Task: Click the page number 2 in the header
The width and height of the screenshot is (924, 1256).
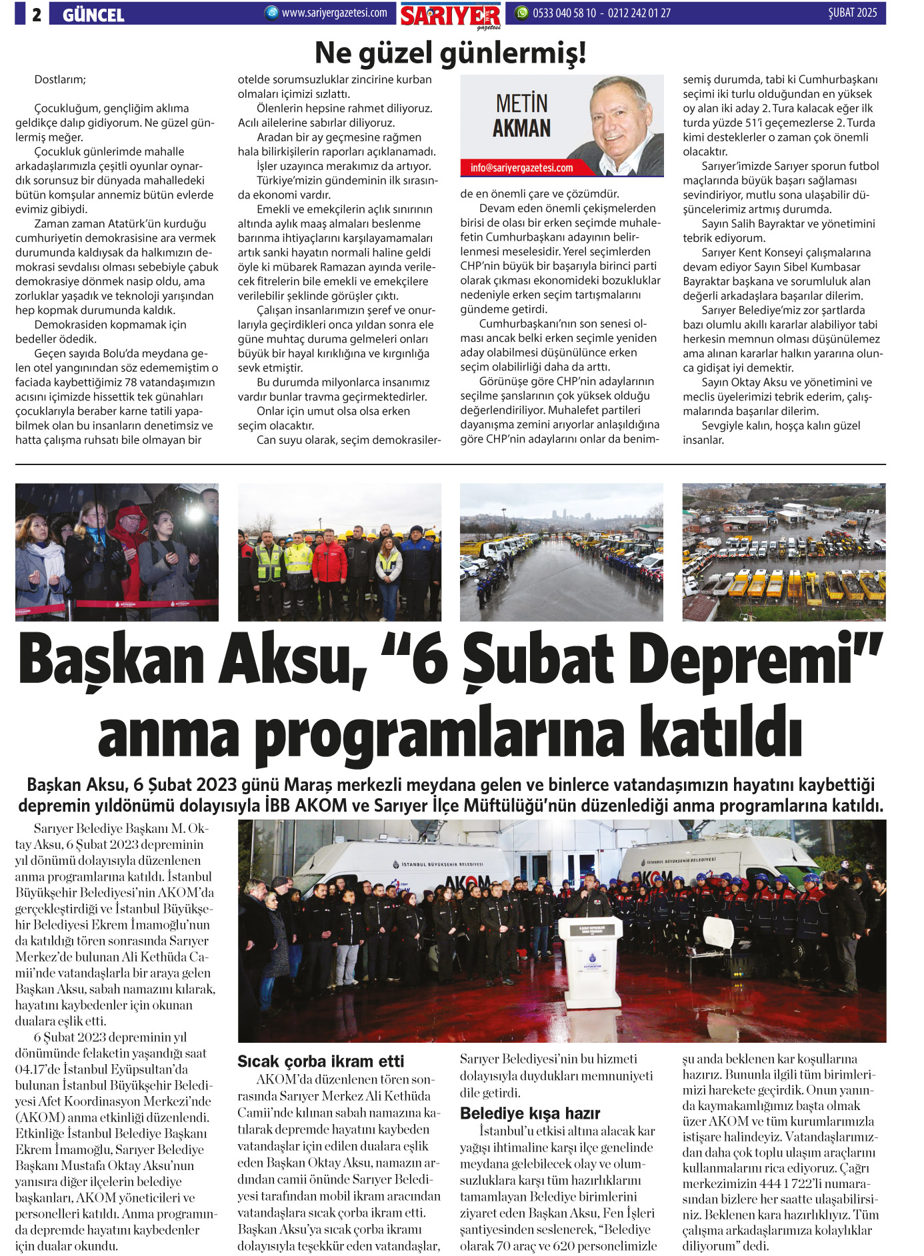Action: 36,14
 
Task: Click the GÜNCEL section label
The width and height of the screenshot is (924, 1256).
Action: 93,15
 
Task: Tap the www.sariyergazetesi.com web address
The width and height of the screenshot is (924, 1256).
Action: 334,13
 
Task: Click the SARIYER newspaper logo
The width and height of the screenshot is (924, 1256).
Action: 451,15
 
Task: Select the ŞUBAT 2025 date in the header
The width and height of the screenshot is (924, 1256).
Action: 852,13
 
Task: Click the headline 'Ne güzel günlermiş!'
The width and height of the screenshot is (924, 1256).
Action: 451,53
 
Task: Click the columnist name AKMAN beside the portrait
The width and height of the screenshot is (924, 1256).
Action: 521,128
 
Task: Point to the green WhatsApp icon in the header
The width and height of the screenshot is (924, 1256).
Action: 522,13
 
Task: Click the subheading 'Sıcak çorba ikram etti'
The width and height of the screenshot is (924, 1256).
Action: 321,1061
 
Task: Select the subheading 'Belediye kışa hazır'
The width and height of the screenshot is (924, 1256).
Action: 530,1113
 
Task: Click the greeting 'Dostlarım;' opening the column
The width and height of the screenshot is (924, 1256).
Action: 60,80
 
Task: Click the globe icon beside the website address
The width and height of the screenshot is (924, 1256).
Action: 271,13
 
